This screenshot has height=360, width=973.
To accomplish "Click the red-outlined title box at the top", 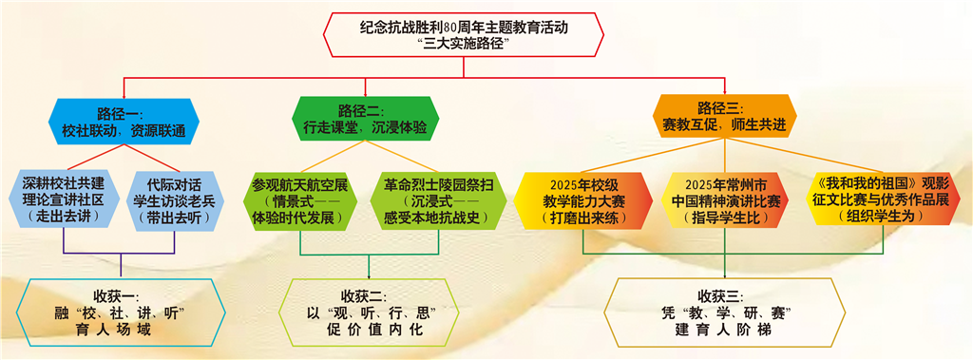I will (464, 35).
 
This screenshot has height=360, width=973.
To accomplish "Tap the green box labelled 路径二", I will (366, 118).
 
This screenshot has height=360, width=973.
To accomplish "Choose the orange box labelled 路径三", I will (724, 115).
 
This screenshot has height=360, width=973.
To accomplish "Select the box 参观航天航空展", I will (300, 199).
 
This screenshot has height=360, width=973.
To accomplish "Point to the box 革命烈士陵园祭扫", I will (430, 199).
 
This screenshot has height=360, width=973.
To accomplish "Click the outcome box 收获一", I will (124, 313).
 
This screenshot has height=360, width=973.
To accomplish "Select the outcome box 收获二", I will (369, 313).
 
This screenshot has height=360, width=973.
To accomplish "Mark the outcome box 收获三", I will (725, 313).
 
